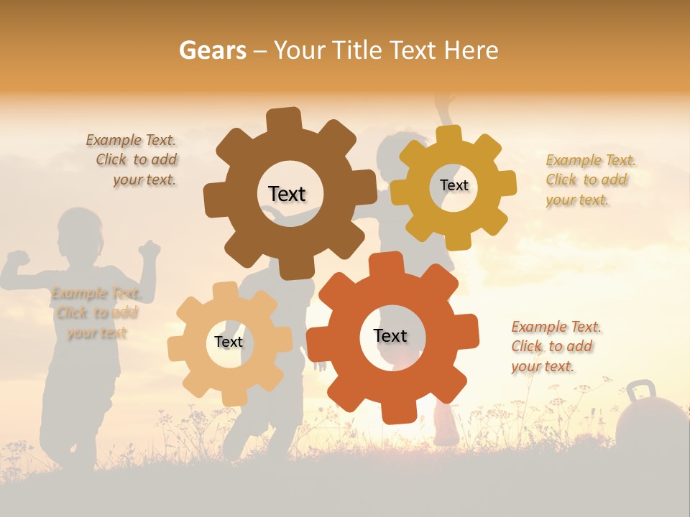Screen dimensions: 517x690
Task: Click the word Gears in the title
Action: click(212, 50)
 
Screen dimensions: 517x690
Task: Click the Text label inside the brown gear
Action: click(287, 194)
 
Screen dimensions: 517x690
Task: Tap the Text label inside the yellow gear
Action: click(454, 185)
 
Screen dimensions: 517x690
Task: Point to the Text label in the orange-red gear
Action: click(390, 335)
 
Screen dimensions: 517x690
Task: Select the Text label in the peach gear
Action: click(229, 342)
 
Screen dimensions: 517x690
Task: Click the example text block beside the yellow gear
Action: click(591, 180)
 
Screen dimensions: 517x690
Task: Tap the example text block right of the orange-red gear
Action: click(556, 346)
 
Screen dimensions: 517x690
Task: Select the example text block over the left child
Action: click(96, 312)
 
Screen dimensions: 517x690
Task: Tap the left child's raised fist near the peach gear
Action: click(150, 249)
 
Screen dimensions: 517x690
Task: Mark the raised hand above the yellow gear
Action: click(445, 101)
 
